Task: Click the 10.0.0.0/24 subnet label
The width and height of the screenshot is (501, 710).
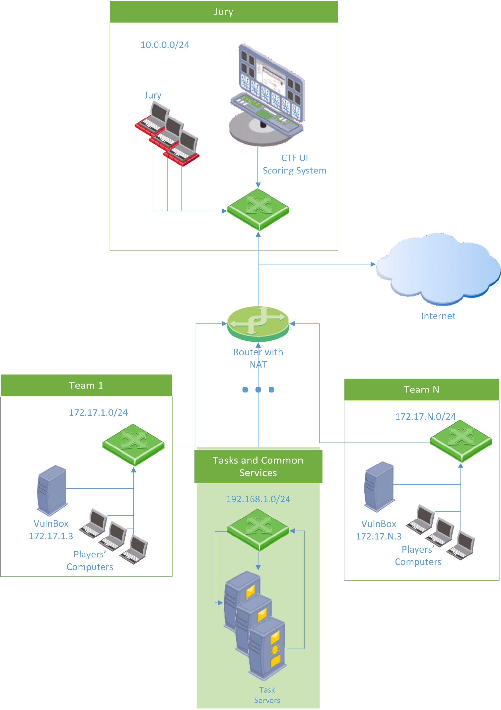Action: (x=165, y=45)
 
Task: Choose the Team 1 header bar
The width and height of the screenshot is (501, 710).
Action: (x=86, y=385)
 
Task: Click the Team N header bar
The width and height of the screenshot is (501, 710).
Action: (x=421, y=390)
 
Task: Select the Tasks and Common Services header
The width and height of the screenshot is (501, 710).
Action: (x=258, y=466)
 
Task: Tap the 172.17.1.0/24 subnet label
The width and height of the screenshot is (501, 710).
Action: (x=98, y=412)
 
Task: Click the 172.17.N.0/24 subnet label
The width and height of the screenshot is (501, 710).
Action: (x=425, y=416)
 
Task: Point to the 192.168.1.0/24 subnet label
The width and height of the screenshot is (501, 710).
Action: (x=258, y=499)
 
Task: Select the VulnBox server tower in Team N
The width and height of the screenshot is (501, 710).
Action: (x=379, y=486)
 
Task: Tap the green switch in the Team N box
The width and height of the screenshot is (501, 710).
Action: (x=460, y=441)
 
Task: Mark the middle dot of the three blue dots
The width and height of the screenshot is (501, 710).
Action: (x=258, y=390)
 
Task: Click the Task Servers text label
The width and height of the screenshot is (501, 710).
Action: (x=267, y=695)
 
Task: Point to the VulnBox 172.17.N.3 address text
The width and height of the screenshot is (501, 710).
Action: (x=379, y=536)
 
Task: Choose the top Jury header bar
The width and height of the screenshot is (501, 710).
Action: (x=224, y=12)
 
